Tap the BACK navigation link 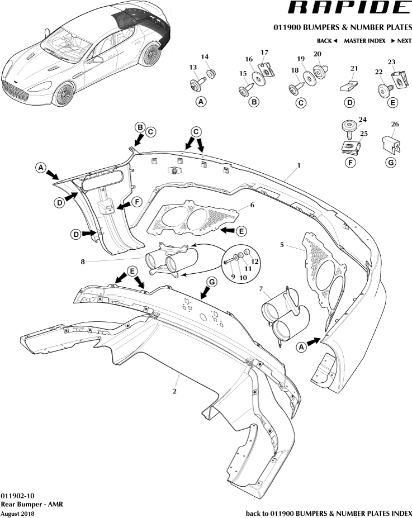pos(327,41)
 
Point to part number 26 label pos(395,124)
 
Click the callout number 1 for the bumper pos(299,165)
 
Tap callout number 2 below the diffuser pos(174,391)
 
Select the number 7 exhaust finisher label pos(261,288)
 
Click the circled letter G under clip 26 pos(391,162)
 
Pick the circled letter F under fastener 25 pos(349,162)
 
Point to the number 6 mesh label pos(252,205)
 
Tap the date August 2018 pos(17,513)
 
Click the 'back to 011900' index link pos(329,513)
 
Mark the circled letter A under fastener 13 pos(201,102)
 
